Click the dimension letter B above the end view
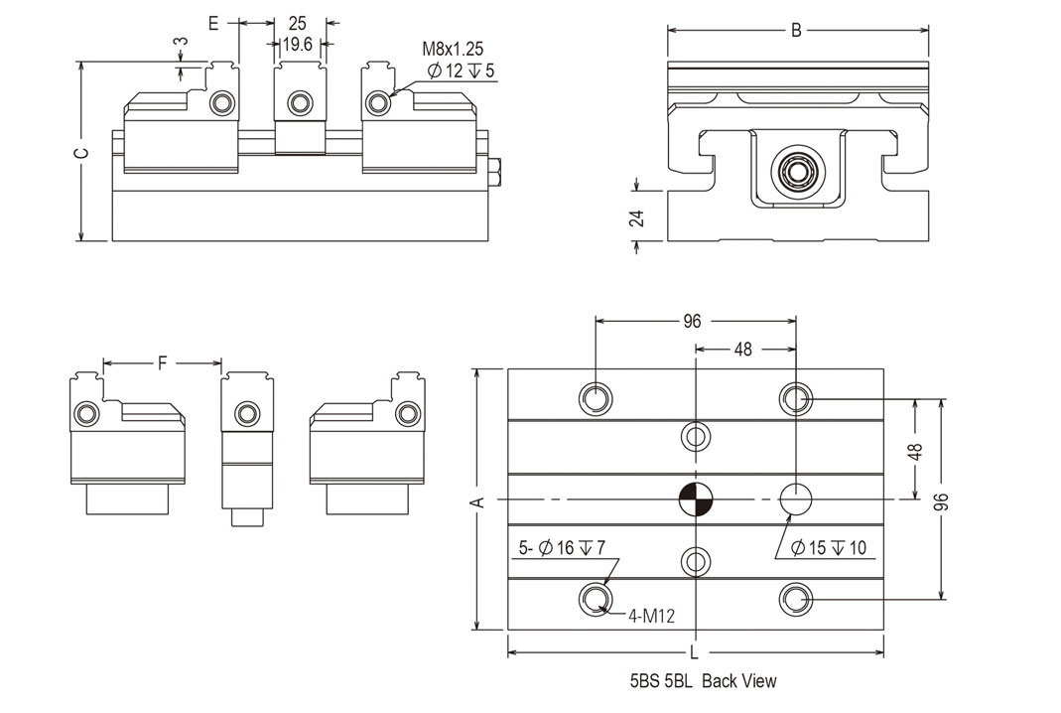(x=796, y=30)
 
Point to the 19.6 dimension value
(x=298, y=44)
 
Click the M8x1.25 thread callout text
(x=453, y=49)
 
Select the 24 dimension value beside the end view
(x=638, y=217)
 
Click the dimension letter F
(x=162, y=362)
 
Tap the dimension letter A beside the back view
(x=476, y=501)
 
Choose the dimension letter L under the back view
(x=694, y=652)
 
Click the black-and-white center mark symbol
(x=696, y=499)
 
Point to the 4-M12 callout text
(x=651, y=616)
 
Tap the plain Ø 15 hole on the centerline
(x=796, y=499)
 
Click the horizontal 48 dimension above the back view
(x=741, y=350)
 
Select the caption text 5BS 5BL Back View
(x=703, y=681)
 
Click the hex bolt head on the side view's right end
(x=497, y=178)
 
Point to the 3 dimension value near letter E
(x=180, y=45)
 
